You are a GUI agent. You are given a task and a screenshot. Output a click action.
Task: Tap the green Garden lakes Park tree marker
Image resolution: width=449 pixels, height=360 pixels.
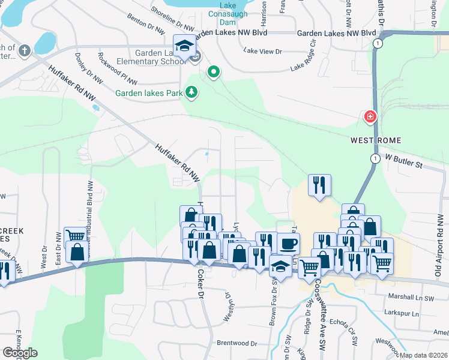(x=191, y=92)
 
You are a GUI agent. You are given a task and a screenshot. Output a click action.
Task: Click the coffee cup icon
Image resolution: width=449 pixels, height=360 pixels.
(x=288, y=244)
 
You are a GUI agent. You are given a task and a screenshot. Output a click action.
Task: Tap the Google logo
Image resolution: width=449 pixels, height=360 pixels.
(x=19, y=353)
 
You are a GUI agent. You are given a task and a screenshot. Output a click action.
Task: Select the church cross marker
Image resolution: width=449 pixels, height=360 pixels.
(x=24, y=50)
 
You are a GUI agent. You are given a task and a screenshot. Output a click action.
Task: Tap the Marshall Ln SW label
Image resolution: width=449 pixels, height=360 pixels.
(x=411, y=298)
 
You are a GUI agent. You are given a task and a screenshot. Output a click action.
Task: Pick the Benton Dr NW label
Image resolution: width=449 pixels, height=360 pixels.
(x=145, y=23)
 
